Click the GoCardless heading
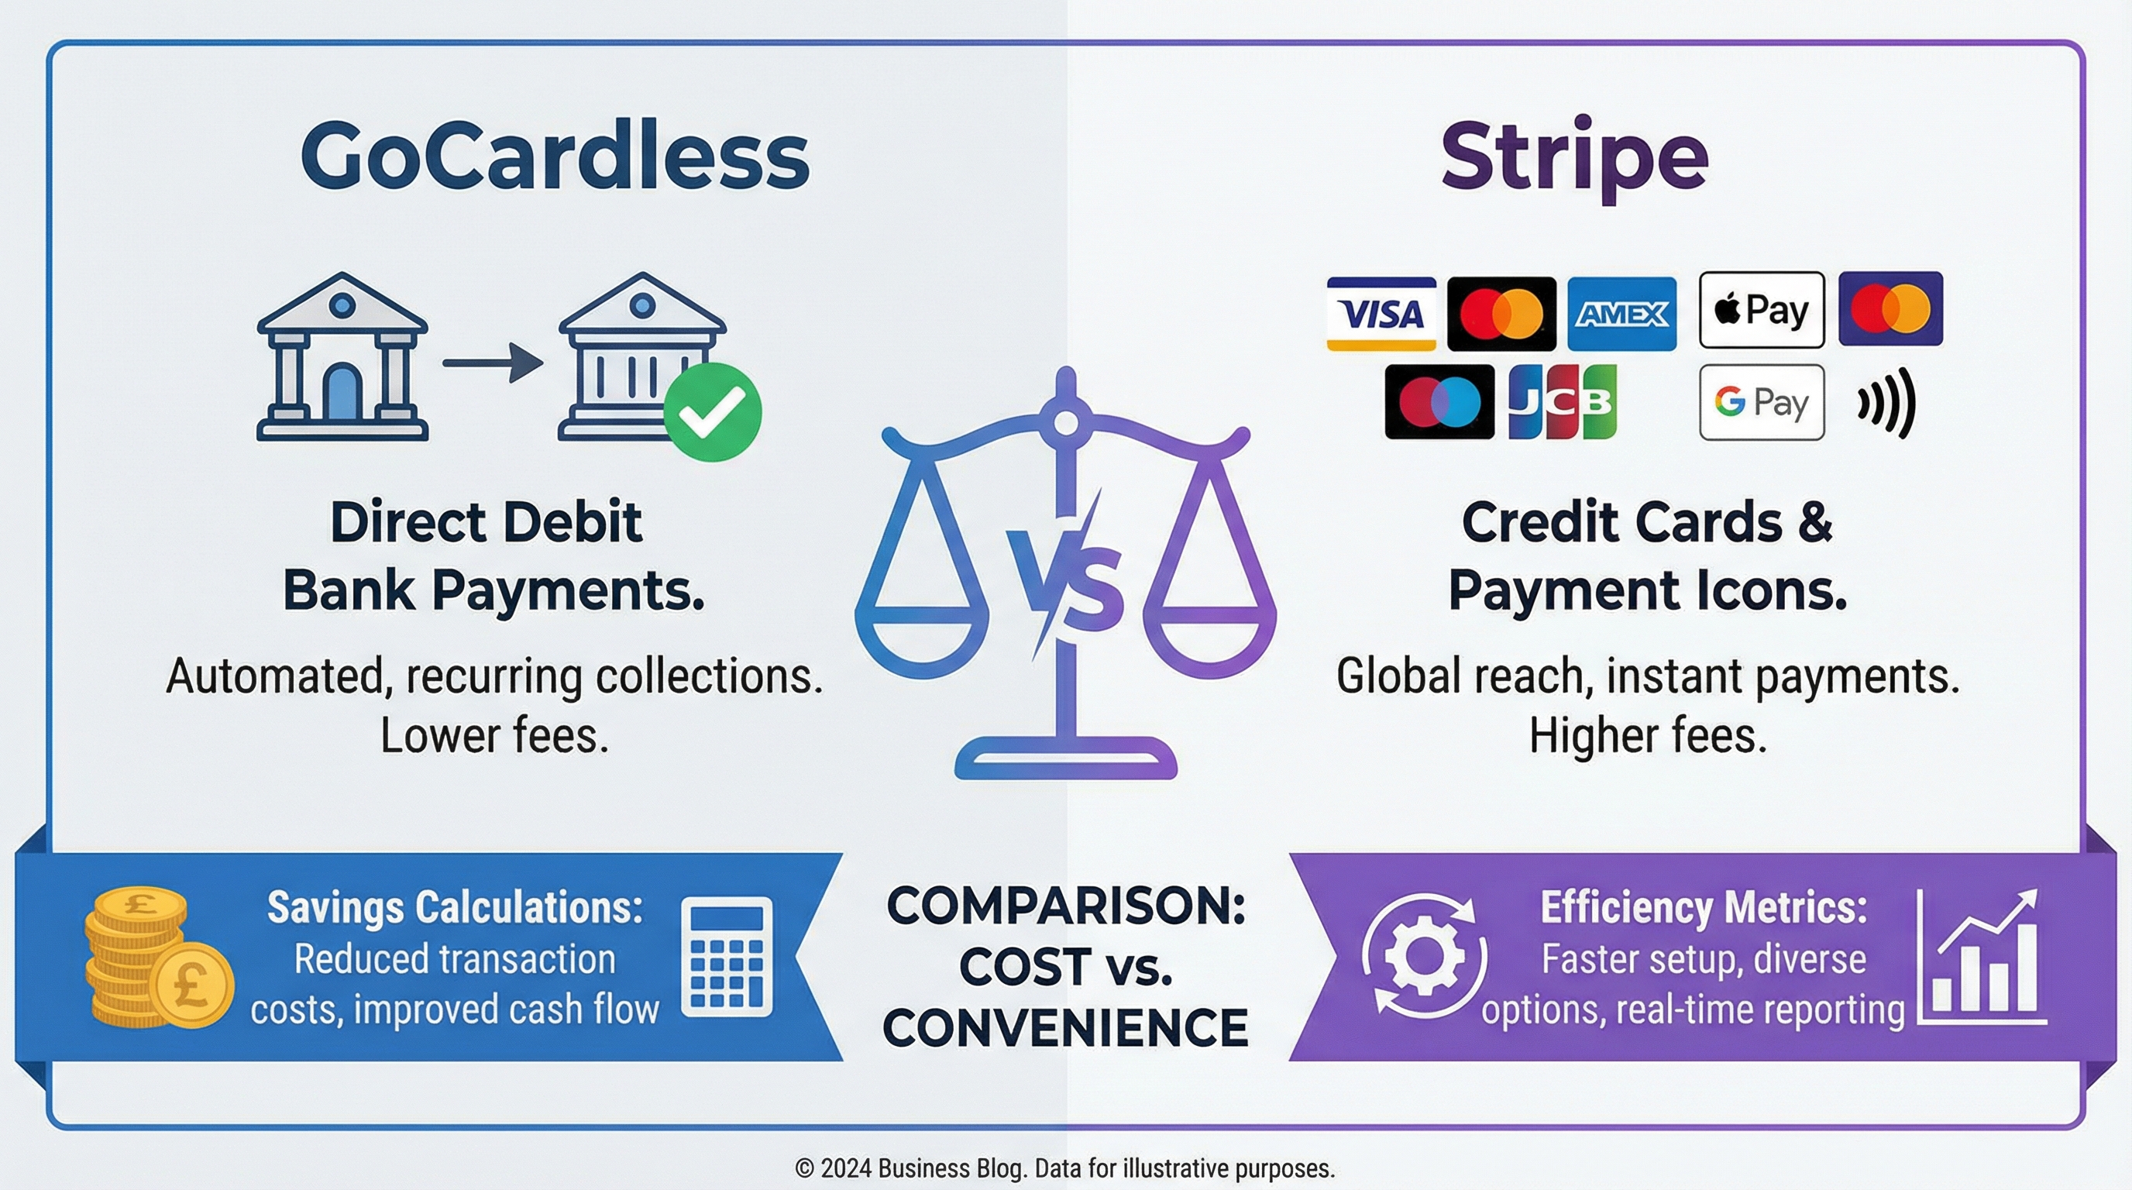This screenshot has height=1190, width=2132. (x=555, y=156)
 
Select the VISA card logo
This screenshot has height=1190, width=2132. (x=1381, y=314)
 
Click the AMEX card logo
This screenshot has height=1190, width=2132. (x=1622, y=314)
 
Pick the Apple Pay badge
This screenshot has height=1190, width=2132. (x=1762, y=311)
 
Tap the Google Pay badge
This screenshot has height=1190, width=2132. (x=1762, y=402)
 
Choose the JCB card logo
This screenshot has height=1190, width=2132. (x=1563, y=401)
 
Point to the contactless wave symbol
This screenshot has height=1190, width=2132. (x=1886, y=403)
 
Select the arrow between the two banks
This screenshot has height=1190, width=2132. (x=493, y=363)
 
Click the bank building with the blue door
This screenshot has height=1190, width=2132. (x=342, y=356)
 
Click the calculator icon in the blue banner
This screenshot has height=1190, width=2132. (x=727, y=957)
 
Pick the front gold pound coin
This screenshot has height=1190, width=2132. (x=194, y=985)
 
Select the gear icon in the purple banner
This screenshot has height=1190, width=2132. (x=1425, y=957)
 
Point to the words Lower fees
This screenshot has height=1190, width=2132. (x=494, y=736)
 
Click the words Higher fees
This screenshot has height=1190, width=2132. (x=1647, y=736)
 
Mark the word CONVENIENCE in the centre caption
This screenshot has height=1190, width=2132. (x=1066, y=1027)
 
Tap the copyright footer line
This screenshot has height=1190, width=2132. (x=1065, y=1168)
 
